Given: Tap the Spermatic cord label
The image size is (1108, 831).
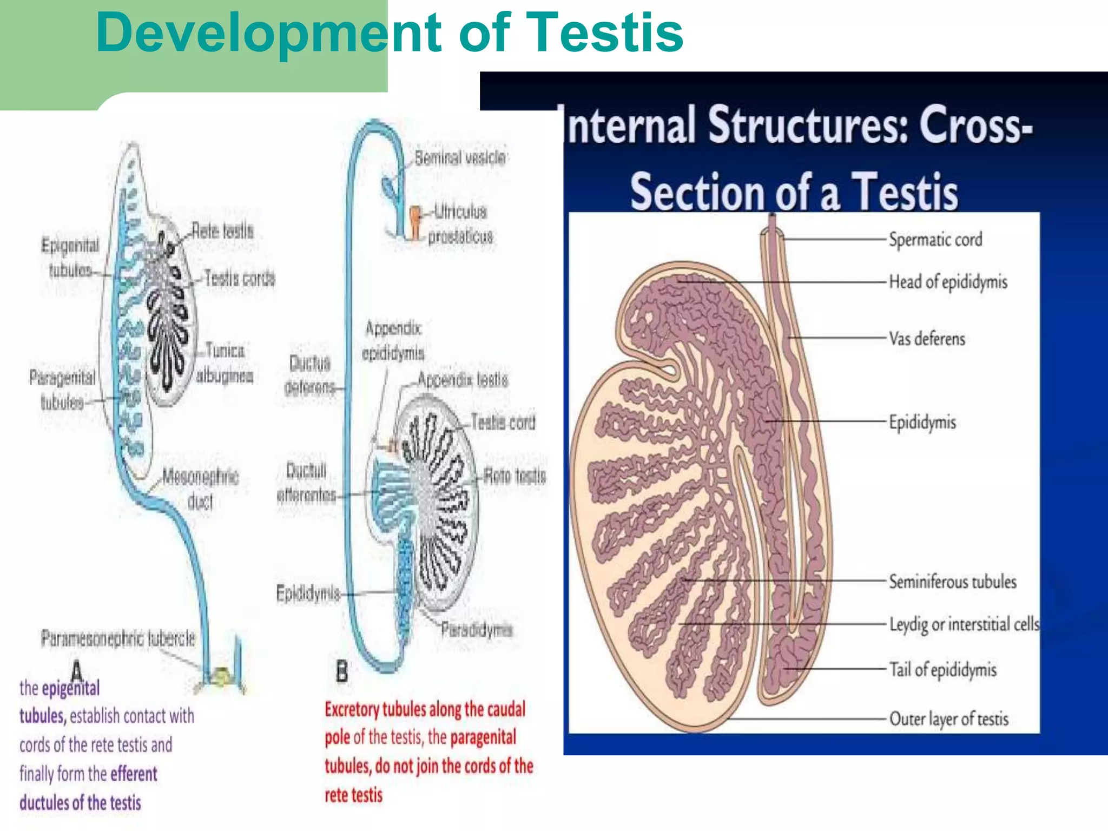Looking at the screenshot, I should click(935, 239).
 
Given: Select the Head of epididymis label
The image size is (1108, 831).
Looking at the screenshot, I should click(948, 282).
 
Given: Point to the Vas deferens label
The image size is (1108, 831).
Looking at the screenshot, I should click(927, 339).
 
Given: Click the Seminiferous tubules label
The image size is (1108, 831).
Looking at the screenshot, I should click(952, 582).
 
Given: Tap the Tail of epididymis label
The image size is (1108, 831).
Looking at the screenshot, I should click(942, 670).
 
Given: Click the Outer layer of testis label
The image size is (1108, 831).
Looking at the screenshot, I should click(948, 719).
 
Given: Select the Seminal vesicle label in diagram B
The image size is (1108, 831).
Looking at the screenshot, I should click(460, 158).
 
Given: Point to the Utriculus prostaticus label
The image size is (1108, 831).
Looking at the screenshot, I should click(460, 224).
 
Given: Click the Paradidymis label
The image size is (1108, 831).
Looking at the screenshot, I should click(476, 630).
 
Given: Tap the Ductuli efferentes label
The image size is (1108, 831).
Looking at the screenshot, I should click(306, 483).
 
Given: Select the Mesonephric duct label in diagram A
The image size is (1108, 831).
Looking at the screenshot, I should click(200, 489).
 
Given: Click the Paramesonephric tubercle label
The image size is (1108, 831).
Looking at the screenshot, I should click(118, 638).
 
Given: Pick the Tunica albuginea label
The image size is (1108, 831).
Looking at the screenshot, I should click(224, 363).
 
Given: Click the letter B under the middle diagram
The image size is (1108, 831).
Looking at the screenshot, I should click(342, 672).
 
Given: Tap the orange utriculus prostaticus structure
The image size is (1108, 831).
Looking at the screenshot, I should click(415, 221).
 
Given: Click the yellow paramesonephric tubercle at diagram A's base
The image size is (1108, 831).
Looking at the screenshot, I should click(221, 676).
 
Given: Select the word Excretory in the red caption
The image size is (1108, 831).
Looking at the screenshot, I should click(352, 709).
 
